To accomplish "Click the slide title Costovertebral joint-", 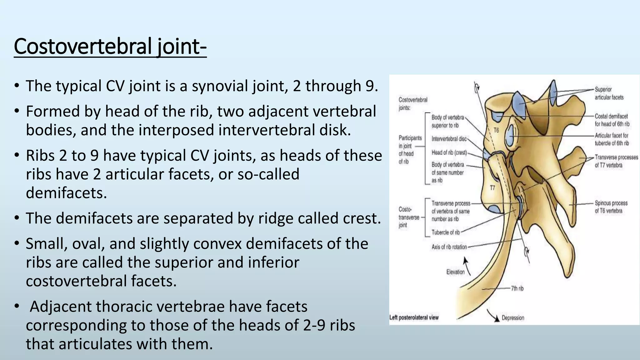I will (x=110, y=46).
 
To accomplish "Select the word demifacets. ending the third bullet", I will (x=66, y=193).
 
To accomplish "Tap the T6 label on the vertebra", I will (x=496, y=130).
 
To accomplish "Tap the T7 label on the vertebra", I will (x=492, y=188).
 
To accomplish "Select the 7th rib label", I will (x=517, y=288).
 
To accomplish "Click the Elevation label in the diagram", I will (x=455, y=272).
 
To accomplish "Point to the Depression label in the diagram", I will (x=513, y=318).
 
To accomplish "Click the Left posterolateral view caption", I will (x=414, y=318).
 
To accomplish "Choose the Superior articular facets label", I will (x=609, y=93).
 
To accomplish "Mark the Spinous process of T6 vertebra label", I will (x=611, y=207).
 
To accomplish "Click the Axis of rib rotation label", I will (x=449, y=247).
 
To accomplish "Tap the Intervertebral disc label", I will (x=449, y=139).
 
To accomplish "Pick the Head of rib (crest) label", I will (x=449, y=152).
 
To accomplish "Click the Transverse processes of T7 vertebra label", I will (x=616, y=161).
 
